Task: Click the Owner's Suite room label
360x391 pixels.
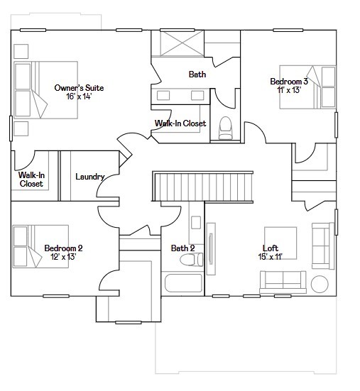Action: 79,88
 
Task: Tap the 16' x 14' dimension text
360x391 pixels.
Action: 79,97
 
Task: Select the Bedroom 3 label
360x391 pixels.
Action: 288,82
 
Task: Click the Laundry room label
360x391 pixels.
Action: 90,177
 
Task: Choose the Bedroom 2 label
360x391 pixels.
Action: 63,248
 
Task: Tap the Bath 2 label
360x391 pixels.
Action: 182,248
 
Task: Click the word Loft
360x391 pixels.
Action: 271,248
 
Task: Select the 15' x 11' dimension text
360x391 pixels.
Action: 271,256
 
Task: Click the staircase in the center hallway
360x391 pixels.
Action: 203,186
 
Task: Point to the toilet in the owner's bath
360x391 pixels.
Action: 226,127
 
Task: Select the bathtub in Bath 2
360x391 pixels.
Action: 183,285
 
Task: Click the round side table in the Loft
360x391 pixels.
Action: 320,284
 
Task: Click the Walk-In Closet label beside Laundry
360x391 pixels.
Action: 31,179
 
